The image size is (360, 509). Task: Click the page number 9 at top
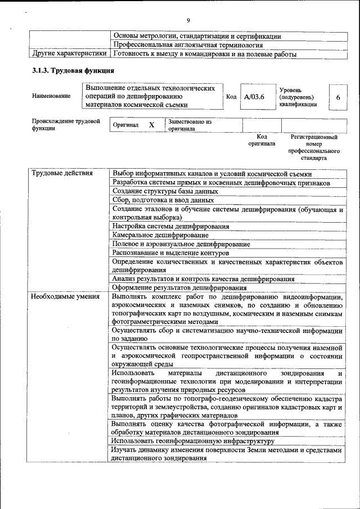188,21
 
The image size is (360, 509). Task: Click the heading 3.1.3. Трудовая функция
73,71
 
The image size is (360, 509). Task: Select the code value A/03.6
254,97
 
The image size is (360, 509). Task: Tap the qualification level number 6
337,97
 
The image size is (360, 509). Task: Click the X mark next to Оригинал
151,125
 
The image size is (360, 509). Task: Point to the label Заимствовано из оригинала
190,125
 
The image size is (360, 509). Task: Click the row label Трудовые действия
62,173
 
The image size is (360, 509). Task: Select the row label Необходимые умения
63,296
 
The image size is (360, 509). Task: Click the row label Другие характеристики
69,55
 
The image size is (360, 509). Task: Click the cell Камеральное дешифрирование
160,235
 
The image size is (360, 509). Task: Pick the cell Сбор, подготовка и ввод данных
163,200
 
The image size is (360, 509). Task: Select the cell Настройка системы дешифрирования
170,226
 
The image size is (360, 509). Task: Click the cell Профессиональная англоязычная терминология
188,46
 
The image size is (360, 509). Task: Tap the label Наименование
51,96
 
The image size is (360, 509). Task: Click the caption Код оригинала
262,140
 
